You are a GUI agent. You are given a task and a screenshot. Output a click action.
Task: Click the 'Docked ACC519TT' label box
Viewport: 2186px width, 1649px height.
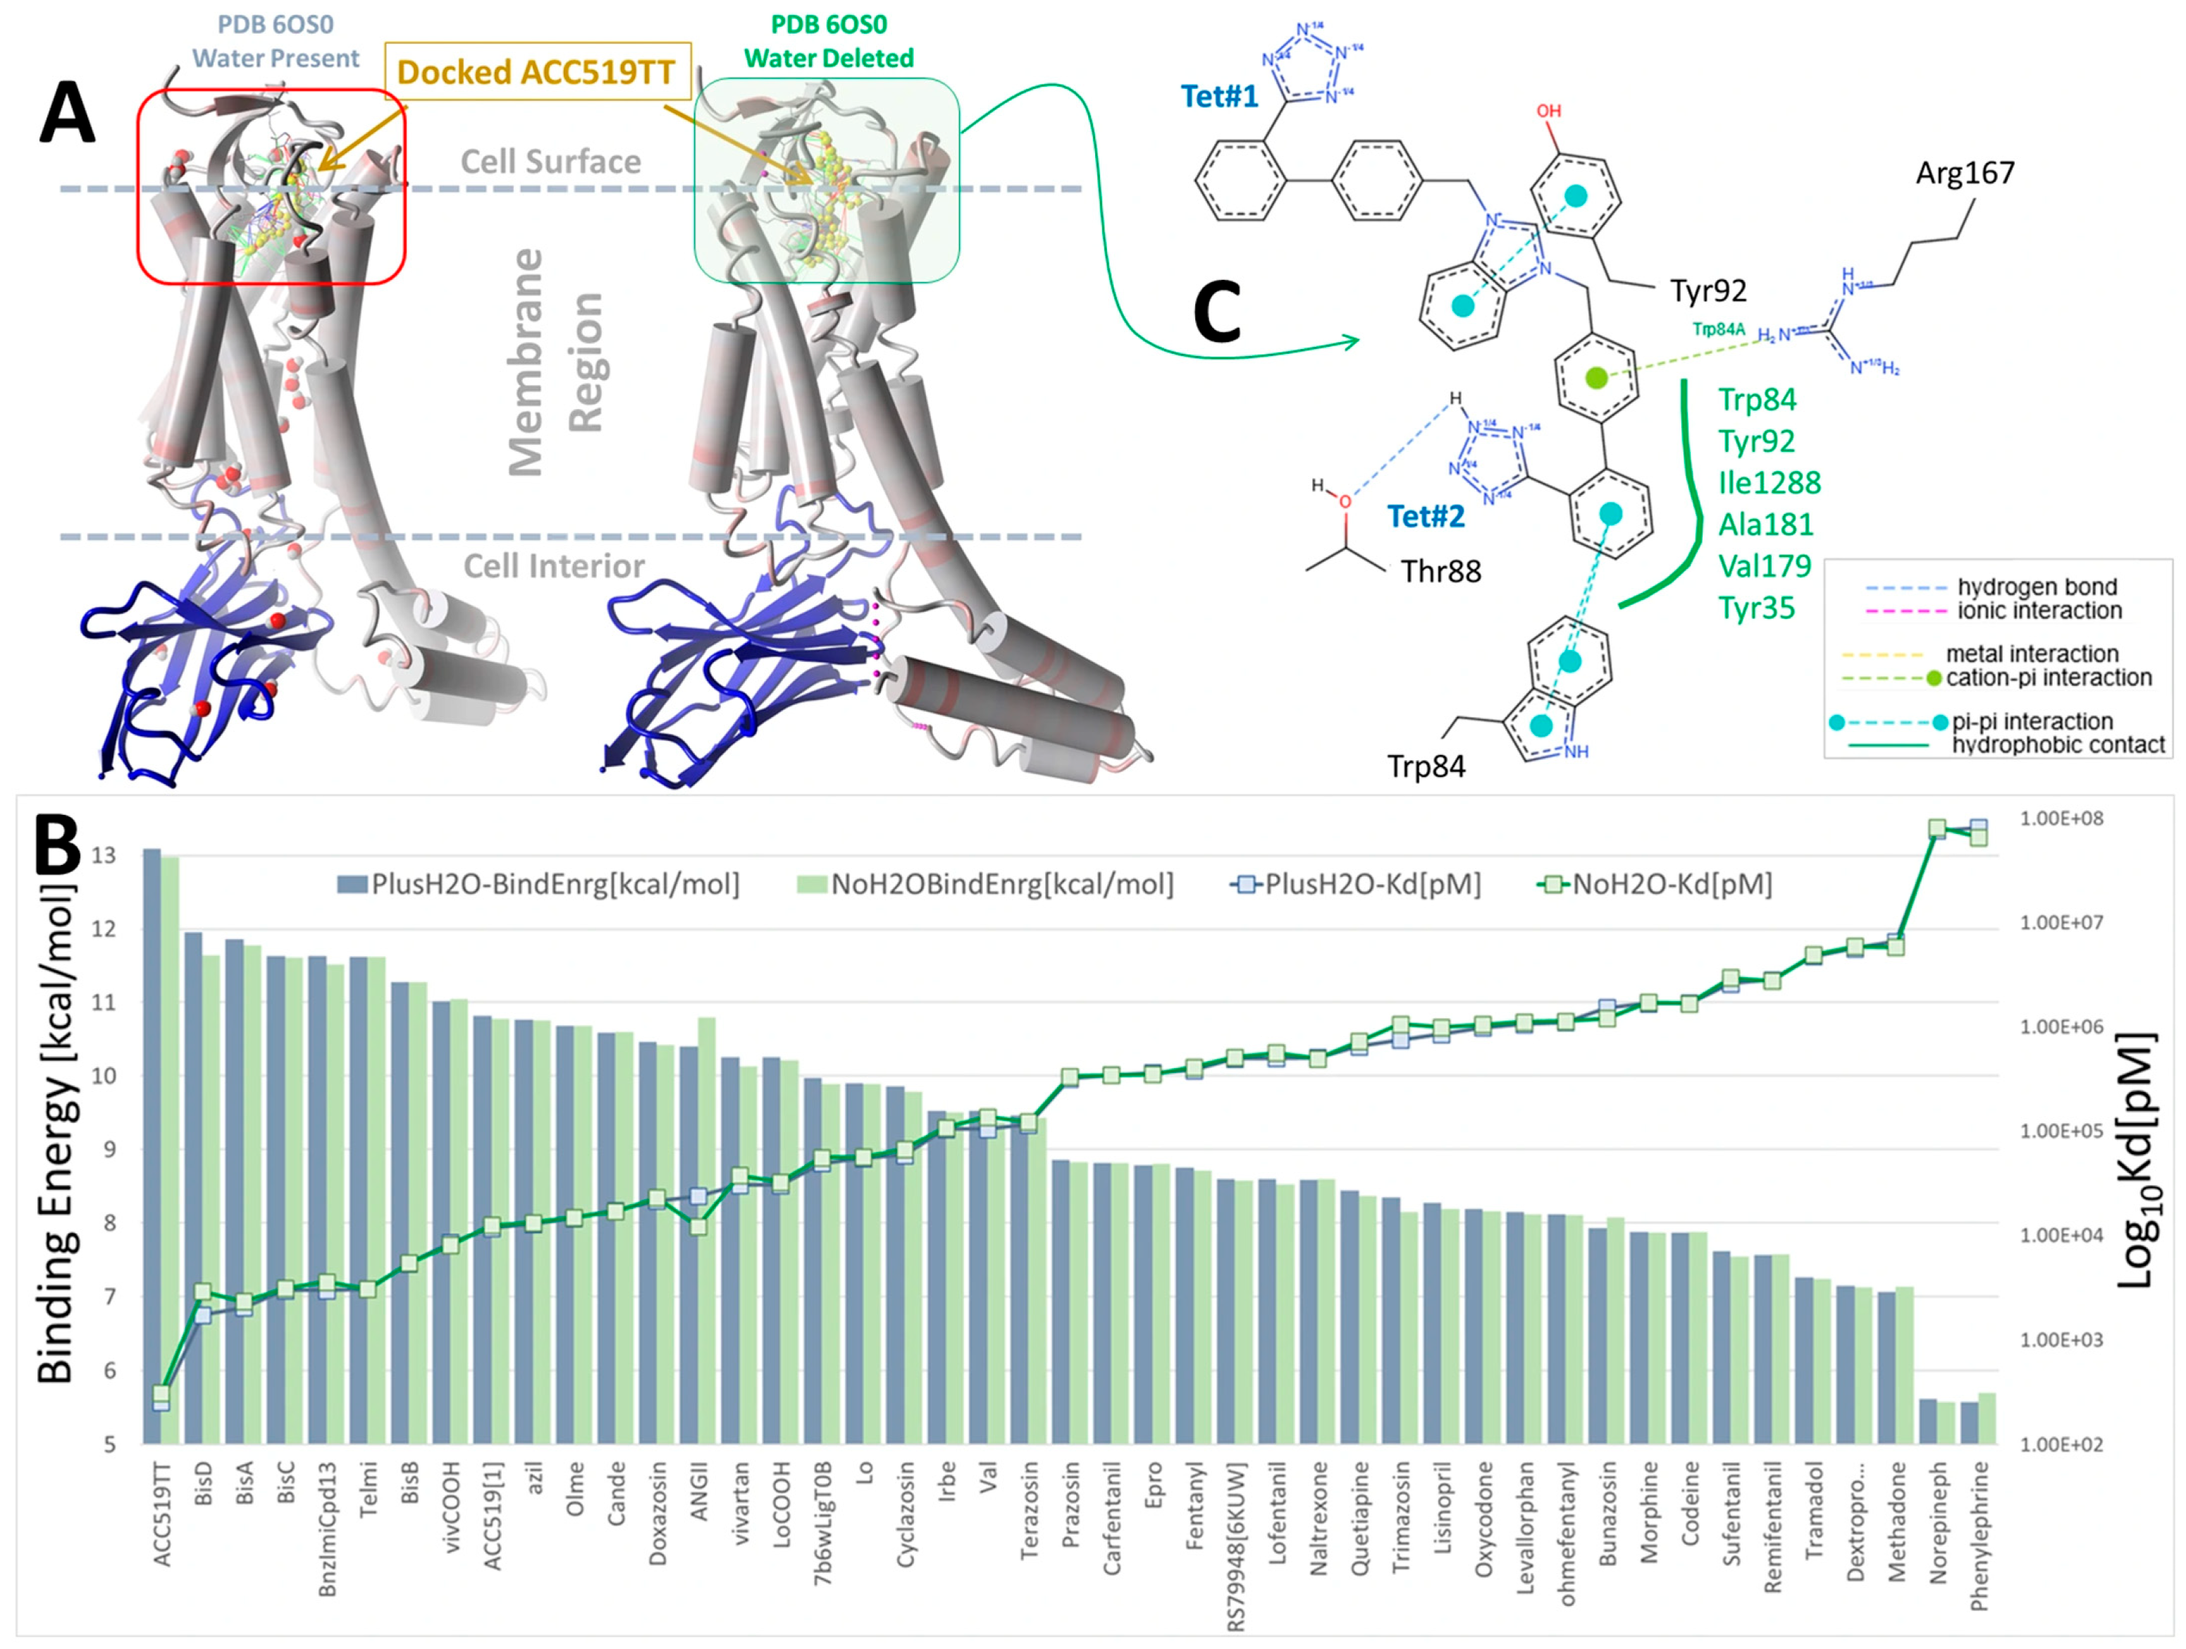(x=536, y=71)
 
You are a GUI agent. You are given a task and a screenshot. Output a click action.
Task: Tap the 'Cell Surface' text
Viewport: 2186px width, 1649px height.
(x=550, y=161)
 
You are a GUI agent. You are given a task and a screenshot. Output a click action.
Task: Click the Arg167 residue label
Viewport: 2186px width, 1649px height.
(x=1965, y=173)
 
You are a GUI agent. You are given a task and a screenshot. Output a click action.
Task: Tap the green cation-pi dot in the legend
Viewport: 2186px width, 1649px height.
(x=1934, y=678)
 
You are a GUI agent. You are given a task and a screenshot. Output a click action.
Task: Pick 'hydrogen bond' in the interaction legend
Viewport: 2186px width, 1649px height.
(x=2037, y=587)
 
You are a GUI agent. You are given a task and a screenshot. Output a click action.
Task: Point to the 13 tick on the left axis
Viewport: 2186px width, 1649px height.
(x=104, y=855)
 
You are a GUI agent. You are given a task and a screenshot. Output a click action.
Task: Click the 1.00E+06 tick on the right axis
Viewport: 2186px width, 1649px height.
(x=2061, y=1027)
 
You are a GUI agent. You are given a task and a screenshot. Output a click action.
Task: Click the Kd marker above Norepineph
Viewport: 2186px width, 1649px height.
(x=1937, y=828)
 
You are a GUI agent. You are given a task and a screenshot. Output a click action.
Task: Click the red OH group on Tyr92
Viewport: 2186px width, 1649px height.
(x=1548, y=111)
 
